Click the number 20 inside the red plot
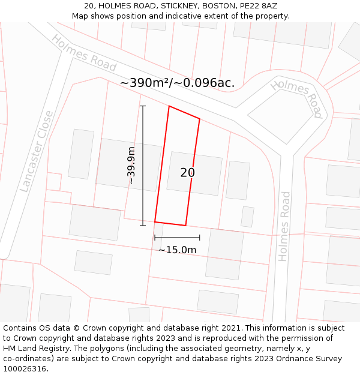187,173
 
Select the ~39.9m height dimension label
131,166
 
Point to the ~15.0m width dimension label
177,250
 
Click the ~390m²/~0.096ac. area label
177,83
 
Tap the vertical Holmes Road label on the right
284,226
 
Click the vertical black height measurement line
143,166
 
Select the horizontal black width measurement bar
177,238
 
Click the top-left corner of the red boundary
169,106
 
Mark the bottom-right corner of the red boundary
185,226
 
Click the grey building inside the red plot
194,173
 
